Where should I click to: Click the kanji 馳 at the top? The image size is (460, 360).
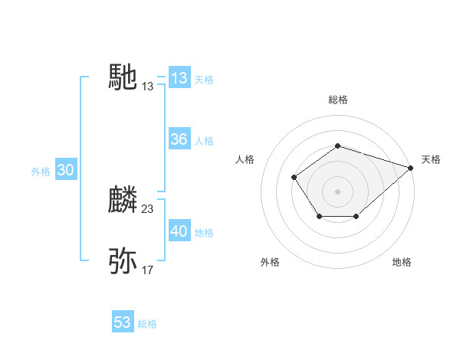[x=123, y=77]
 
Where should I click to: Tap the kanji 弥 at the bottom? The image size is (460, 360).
[x=123, y=261]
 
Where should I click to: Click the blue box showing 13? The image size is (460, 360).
[x=179, y=78]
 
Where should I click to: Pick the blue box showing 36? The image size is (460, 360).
[x=179, y=139]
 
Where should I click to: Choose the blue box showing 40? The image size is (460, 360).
[x=179, y=231]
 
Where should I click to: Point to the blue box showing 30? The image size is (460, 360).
[x=65, y=171]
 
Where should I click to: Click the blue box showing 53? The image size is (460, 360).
[x=123, y=322]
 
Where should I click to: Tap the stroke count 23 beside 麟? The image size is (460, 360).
[x=148, y=208]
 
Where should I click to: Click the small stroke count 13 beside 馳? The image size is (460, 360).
[x=148, y=87]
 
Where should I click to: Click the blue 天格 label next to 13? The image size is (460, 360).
[x=204, y=80]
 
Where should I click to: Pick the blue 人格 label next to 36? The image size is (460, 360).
[x=204, y=141]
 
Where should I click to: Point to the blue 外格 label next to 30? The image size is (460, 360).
[x=41, y=172]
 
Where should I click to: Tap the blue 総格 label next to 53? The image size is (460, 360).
[x=147, y=324]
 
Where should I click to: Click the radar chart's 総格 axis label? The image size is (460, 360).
[x=337, y=100]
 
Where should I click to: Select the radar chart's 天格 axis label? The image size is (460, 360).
[x=431, y=159]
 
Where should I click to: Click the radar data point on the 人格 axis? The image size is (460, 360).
[x=294, y=177]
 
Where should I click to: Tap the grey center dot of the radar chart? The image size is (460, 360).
[x=337, y=191]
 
